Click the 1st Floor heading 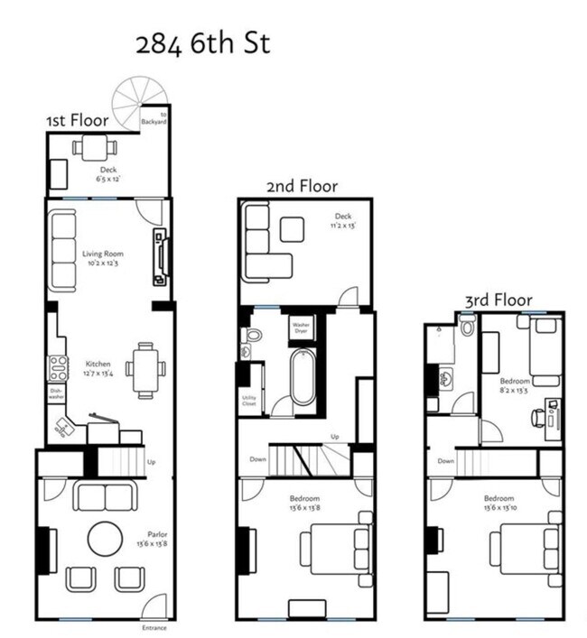point(78,120)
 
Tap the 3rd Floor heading point(498,300)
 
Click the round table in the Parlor point(105,540)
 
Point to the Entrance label point(154,627)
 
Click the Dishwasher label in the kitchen point(56,393)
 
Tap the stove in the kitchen point(58,367)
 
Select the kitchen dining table point(145,369)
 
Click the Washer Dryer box point(301,328)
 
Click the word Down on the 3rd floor point(445,460)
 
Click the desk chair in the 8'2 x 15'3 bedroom point(537,417)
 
